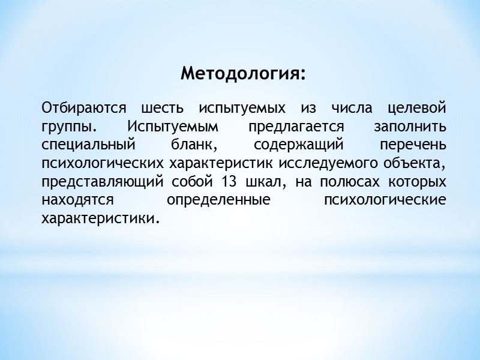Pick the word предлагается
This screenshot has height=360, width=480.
295,128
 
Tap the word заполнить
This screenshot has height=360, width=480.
410,128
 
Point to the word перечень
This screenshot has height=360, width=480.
413,146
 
